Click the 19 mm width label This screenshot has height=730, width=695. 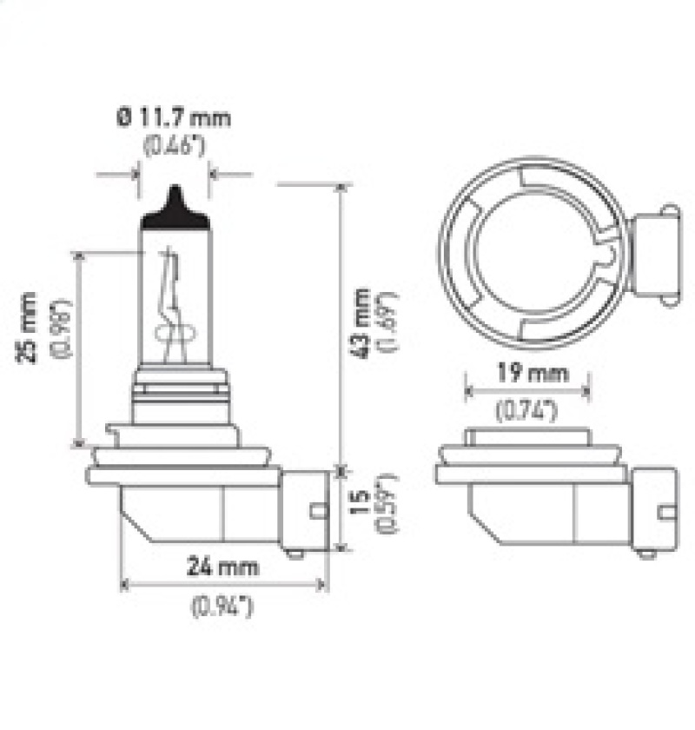[528, 375]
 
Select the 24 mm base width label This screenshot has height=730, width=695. [224, 568]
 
